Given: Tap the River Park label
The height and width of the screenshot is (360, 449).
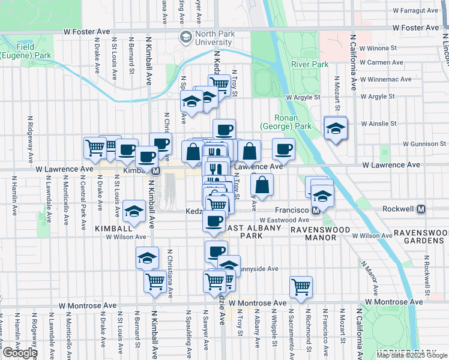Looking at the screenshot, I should (x=309, y=64).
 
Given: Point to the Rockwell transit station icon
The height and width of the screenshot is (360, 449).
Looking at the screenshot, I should (x=421, y=209).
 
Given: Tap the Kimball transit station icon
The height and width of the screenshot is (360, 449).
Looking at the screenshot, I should (x=155, y=170).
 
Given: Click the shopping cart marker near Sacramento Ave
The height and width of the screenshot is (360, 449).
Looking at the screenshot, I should (x=301, y=286).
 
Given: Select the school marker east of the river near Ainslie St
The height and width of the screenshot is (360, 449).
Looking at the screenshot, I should (x=336, y=128).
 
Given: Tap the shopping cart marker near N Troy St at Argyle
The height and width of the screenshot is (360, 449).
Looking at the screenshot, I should (x=219, y=85).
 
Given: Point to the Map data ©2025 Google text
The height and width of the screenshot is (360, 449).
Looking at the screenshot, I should (x=412, y=355).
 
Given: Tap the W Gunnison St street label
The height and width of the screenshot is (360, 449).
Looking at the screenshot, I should (x=424, y=144).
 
